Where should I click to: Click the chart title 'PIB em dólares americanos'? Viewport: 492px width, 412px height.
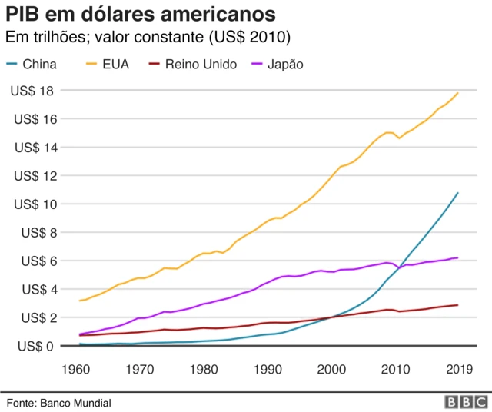[x=141, y=15]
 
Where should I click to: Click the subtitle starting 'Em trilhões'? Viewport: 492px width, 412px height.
[x=148, y=38]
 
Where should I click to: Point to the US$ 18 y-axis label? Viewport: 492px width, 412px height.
[x=32, y=91]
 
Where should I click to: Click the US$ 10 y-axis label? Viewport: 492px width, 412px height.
[x=32, y=204]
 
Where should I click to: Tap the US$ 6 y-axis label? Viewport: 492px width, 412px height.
[x=35, y=261]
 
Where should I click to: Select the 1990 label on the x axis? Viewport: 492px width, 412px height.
[x=268, y=368]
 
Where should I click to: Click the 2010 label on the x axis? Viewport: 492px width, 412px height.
[x=394, y=368]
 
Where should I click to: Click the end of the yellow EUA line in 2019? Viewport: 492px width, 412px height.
[x=458, y=92]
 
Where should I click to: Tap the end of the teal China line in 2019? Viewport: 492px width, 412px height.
[x=458, y=193]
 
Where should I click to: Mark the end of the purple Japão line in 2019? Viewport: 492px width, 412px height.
[x=458, y=257]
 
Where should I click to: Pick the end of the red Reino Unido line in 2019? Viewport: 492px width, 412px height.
[x=458, y=305]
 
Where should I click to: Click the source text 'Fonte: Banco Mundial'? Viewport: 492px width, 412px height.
[x=59, y=403]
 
